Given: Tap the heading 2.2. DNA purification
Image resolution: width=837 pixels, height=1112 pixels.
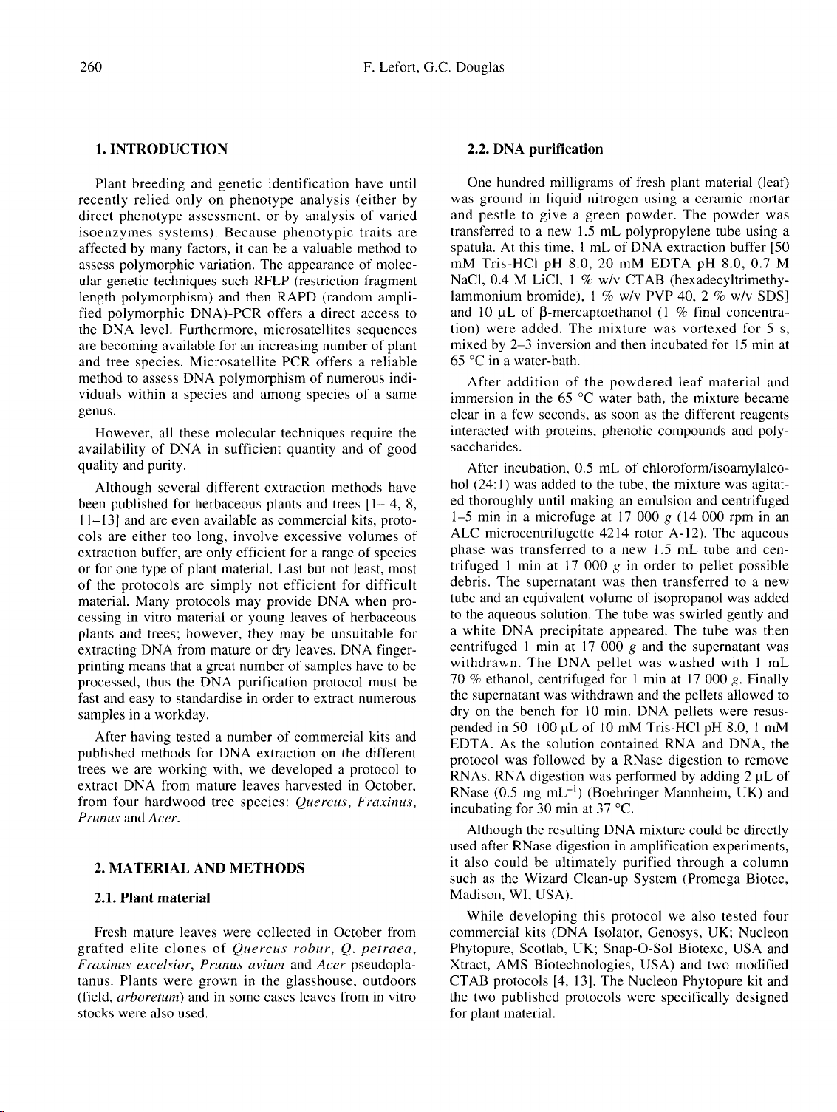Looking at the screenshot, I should (x=536, y=149).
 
